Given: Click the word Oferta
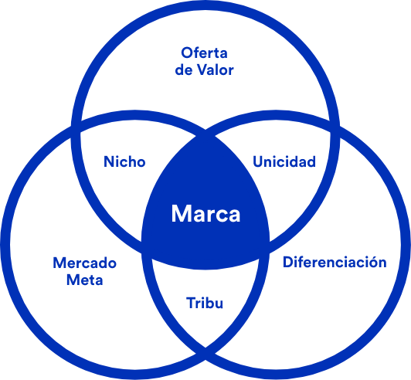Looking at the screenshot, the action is [204, 53].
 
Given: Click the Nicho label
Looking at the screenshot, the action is [124, 161].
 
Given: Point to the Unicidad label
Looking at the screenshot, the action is [284, 161].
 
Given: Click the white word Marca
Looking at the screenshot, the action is [206, 214].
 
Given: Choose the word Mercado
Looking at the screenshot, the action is [85, 263].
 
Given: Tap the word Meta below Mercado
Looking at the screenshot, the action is [85, 280].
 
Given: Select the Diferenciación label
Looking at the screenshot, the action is [335, 262].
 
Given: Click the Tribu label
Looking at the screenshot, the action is [205, 303].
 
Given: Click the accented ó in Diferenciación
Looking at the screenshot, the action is [370, 262].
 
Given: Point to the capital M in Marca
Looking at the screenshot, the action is [182, 214].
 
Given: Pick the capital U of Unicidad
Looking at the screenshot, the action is [258, 161].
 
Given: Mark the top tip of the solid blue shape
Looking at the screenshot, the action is [206, 133].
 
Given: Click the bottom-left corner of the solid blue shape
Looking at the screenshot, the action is [142, 247].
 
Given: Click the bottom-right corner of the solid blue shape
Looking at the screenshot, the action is [270, 247].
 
